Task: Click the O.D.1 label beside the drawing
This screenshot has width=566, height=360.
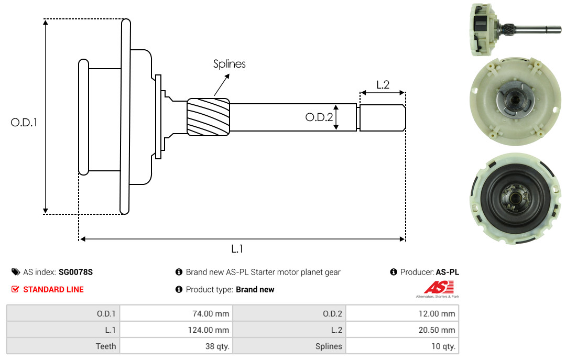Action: click(24, 123)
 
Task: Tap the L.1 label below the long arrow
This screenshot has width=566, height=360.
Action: click(237, 249)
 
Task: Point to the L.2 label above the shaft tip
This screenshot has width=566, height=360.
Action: click(383, 85)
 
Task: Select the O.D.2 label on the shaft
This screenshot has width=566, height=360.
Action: click(319, 117)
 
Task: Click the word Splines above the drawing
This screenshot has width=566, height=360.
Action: click(229, 64)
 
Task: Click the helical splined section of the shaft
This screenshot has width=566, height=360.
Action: click(208, 117)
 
